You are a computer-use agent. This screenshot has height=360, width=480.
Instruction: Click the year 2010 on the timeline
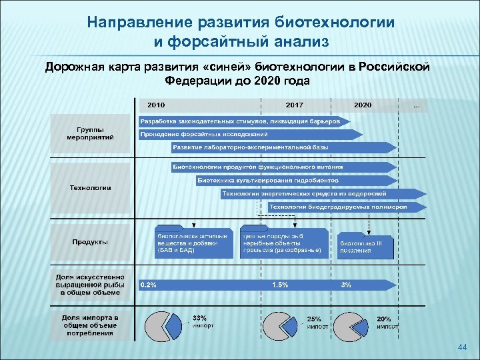point(156,105)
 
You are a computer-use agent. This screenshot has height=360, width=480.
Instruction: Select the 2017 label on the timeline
point(294,105)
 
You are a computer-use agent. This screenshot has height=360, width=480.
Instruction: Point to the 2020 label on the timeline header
point(363,105)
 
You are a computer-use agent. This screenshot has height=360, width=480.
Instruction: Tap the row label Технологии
point(91,188)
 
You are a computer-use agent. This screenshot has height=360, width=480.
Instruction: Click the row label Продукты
point(91,242)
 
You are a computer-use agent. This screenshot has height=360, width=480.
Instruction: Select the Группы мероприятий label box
point(91,132)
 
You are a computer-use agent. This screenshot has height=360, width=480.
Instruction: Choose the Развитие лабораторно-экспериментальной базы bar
point(253,147)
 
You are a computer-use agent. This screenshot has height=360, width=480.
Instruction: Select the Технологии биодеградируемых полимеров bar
point(347,207)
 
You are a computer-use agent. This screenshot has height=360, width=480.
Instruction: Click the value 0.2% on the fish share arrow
point(149,285)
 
